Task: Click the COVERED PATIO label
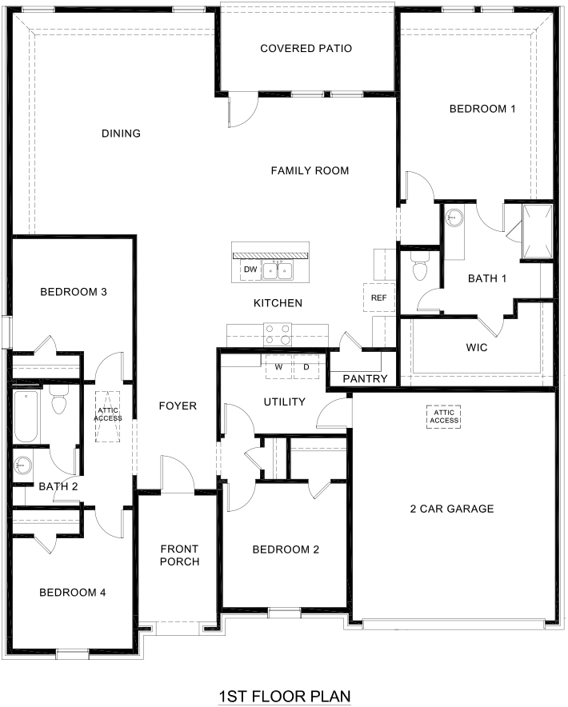pyautogui.click(x=306, y=49)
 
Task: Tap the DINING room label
pyautogui.click(x=121, y=134)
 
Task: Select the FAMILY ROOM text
pyautogui.click(x=310, y=170)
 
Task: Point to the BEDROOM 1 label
pyautogui.click(x=482, y=109)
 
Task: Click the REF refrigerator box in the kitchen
pyautogui.click(x=378, y=297)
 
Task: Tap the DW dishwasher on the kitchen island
pyautogui.click(x=250, y=270)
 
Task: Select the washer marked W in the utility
pyautogui.click(x=278, y=367)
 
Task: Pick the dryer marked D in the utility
pyautogui.click(x=306, y=367)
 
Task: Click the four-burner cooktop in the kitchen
pyautogui.click(x=278, y=330)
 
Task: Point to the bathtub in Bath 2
pyautogui.click(x=26, y=416)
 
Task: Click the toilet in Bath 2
pyautogui.click(x=58, y=401)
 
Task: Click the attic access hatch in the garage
pyautogui.click(x=444, y=416)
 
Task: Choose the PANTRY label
pyautogui.click(x=365, y=378)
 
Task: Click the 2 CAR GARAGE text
pyautogui.click(x=452, y=509)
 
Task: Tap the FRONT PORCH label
pyautogui.click(x=179, y=555)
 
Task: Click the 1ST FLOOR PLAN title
pyautogui.click(x=285, y=697)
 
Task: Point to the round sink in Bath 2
pyautogui.click(x=22, y=462)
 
